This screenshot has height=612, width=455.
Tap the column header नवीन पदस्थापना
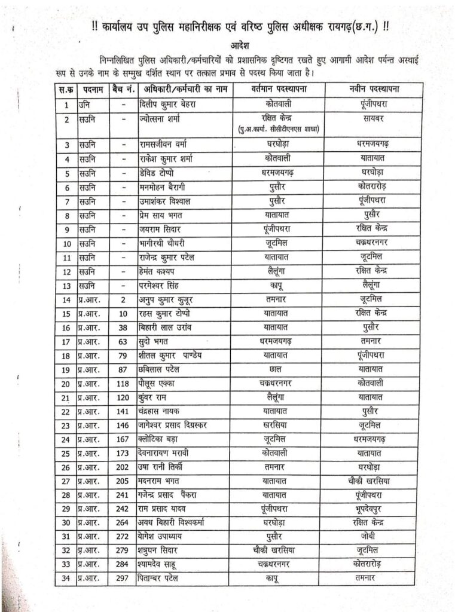[x=374, y=89]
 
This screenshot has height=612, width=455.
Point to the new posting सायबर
[x=374, y=118]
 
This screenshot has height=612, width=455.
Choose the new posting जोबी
[x=374, y=535]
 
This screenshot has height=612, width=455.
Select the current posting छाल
[x=276, y=369]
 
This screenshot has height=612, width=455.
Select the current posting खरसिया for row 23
[x=276, y=425]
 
